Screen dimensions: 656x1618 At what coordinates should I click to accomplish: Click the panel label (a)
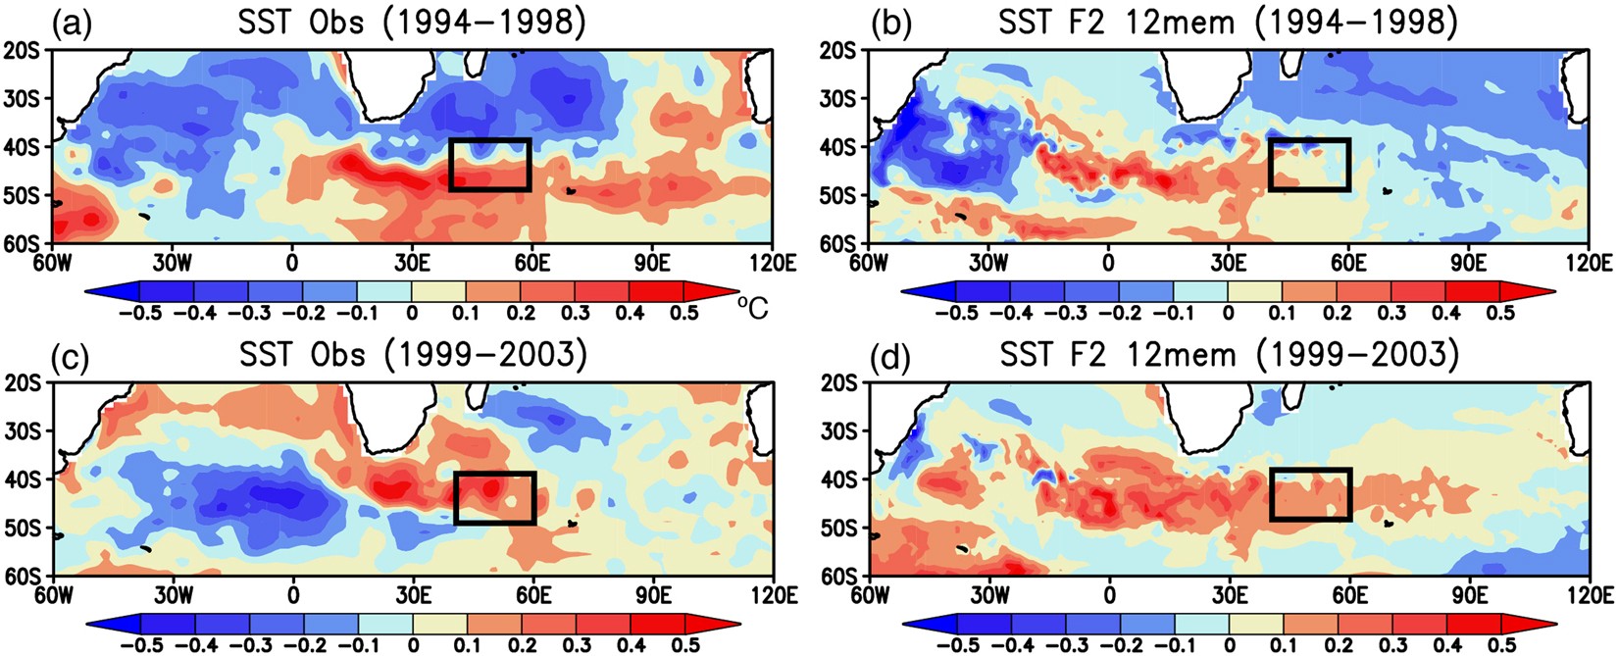(74, 23)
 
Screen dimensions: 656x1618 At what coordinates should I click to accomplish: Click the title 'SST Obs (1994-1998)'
(413, 22)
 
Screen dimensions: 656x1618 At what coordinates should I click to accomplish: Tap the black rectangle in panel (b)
(1309, 164)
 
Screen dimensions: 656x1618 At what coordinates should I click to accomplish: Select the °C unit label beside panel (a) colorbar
(753, 308)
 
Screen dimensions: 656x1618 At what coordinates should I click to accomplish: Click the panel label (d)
(889, 355)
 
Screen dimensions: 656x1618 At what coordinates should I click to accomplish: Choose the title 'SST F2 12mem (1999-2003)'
(1229, 354)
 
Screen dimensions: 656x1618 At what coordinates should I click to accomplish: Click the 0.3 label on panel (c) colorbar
(577, 645)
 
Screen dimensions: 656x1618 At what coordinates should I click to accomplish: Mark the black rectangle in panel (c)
(495, 497)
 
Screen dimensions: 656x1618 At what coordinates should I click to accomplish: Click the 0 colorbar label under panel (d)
(1229, 645)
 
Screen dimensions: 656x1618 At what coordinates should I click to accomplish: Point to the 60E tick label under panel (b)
(1348, 263)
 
